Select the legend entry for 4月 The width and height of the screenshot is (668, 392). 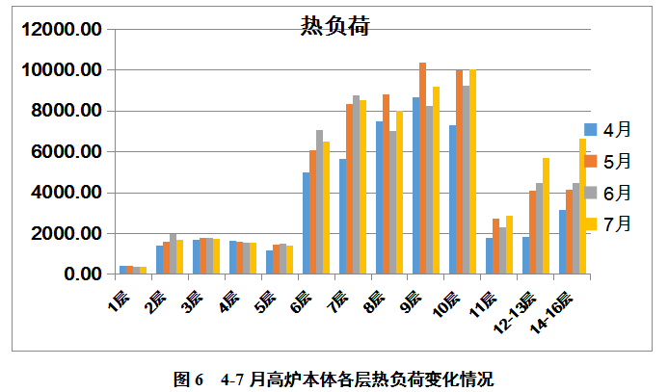click(x=606, y=129)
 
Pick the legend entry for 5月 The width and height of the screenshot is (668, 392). click(x=606, y=161)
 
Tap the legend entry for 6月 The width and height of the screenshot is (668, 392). click(x=606, y=192)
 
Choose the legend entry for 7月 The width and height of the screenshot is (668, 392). click(x=606, y=223)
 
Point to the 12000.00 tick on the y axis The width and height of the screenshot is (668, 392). click(x=61, y=30)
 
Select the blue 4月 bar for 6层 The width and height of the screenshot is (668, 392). click(x=307, y=223)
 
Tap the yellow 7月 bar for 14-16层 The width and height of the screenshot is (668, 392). click(x=582, y=206)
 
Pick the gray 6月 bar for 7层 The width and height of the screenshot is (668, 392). click(x=356, y=185)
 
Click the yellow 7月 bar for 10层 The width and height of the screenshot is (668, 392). click(x=472, y=172)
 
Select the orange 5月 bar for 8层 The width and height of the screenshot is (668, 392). click(x=386, y=184)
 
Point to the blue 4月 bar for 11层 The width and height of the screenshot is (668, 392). click(x=490, y=256)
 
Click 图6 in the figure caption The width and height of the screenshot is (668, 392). click(x=187, y=379)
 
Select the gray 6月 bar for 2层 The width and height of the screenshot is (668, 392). click(x=173, y=254)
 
